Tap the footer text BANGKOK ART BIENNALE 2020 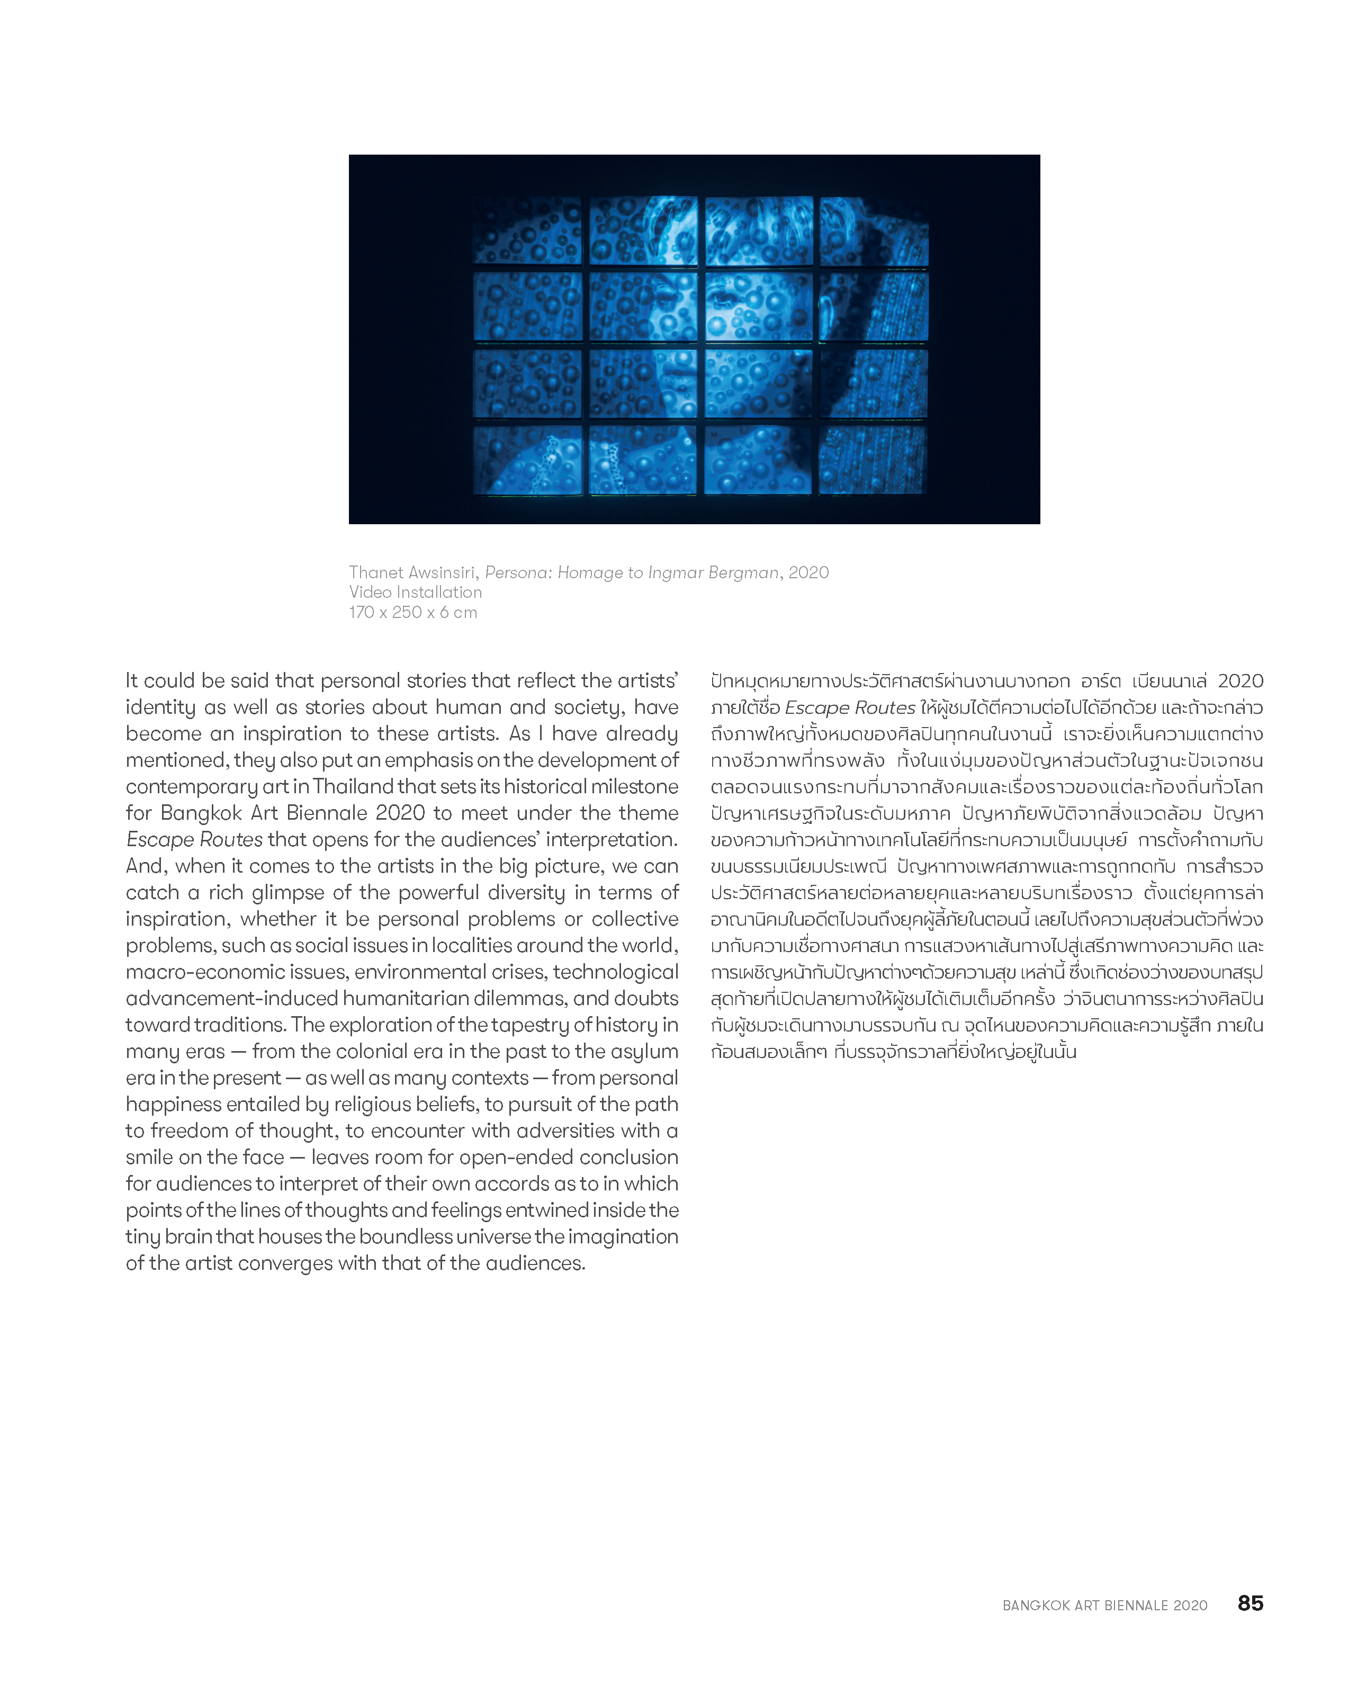[1104, 1606]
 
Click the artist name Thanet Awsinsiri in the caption [411, 572]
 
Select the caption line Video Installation [415, 592]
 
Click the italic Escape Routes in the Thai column [849, 708]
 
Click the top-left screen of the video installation [528, 231]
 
